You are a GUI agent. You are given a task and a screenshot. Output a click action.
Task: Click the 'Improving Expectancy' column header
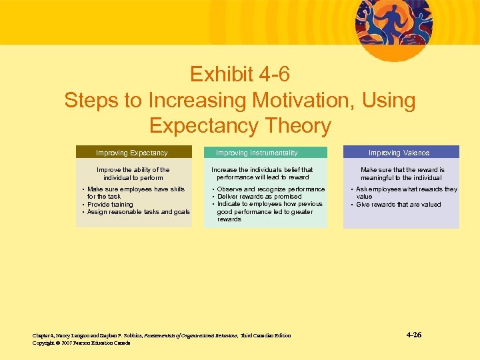pos(133,153)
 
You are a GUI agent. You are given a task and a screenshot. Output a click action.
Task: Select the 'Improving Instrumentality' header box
pos(265,153)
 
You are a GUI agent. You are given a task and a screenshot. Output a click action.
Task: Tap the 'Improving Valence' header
pos(400,153)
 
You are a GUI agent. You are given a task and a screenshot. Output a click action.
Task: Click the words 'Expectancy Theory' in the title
pos(239,126)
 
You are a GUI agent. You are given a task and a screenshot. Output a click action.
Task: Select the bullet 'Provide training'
pos(110,205)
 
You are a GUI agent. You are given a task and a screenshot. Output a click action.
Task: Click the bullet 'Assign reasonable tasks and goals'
pos(139,212)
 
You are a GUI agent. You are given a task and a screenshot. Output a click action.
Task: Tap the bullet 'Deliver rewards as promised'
pos(259,197)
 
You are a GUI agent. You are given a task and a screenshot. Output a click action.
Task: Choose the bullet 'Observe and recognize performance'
pos(271,189)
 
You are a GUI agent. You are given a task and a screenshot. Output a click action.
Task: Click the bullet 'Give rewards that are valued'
pos(399,205)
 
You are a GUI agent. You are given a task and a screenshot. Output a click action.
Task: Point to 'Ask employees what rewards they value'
pos(405,193)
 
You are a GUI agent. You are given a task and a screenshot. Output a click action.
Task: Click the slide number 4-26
pos(413,335)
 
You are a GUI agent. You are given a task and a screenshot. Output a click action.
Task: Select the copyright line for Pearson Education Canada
pos(81,343)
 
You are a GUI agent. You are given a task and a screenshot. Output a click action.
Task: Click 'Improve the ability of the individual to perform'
pos(133,174)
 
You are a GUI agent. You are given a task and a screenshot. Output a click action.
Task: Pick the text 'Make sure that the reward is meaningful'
pos(401,174)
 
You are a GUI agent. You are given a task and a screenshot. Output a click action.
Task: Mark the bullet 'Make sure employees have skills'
pos(135,193)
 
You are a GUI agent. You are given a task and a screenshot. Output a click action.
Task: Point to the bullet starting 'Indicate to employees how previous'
pos(269,211)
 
